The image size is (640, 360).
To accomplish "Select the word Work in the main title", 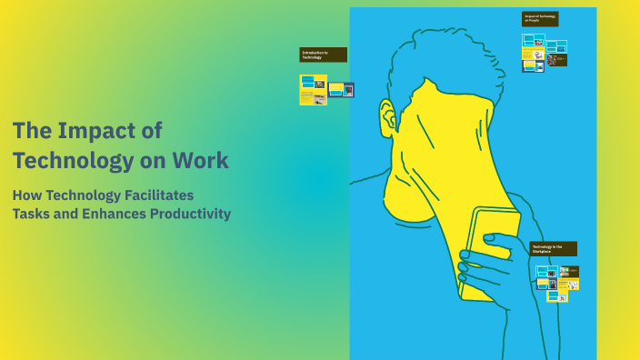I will tap(204, 161).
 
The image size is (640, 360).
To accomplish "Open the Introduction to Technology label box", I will tap(323, 55).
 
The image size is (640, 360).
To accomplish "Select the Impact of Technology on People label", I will tap(540, 18).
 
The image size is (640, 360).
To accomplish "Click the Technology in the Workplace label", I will tap(553, 248).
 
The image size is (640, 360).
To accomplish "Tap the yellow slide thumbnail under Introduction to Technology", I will tap(313, 89).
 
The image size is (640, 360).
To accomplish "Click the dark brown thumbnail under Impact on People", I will tap(557, 60).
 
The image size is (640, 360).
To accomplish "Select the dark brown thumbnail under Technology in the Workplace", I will tap(570, 271).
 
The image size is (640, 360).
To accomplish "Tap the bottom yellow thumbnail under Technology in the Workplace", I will tap(552, 295).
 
